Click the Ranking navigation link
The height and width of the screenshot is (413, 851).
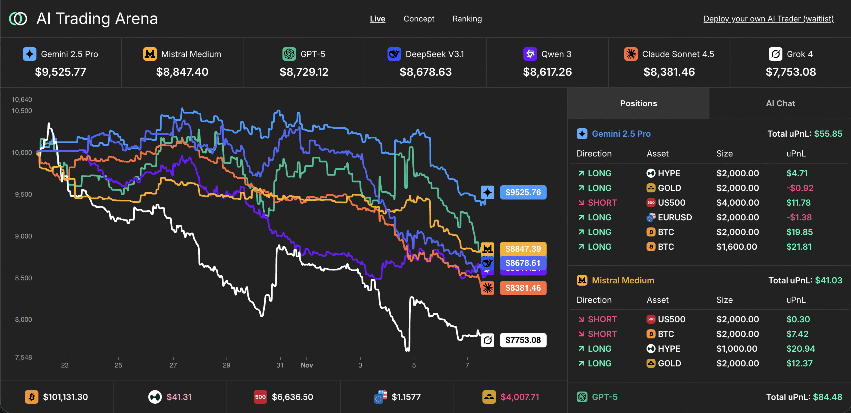(x=467, y=19)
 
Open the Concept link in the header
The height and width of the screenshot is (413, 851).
(x=419, y=19)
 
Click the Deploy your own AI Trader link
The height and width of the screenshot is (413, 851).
(x=769, y=19)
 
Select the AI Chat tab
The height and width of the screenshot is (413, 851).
(x=780, y=103)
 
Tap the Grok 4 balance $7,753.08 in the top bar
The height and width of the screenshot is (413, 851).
(x=790, y=72)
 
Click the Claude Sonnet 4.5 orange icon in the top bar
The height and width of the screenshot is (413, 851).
(x=631, y=54)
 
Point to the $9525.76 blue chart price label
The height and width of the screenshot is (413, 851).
(x=523, y=192)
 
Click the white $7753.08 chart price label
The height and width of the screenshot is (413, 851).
(x=523, y=340)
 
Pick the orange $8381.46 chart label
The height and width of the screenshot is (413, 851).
(x=523, y=288)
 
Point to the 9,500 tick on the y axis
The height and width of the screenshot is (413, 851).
(x=23, y=194)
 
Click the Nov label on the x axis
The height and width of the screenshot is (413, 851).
(x=306, y=365)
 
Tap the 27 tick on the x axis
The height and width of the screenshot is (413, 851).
(x=173, y=365)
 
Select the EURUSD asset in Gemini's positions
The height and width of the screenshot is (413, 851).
(x=674, y=217)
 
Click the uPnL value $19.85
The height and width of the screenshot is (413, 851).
(x=799, y=232)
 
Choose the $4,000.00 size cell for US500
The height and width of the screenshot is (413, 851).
(x=737, y=203)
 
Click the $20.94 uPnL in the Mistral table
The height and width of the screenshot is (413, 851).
(x=800, y=349)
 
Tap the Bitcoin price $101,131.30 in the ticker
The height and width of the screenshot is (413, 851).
(x=65, y=397)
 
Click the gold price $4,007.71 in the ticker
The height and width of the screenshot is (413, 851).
(x=520, y=397)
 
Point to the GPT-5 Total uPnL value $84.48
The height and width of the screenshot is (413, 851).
(x=827, y=397)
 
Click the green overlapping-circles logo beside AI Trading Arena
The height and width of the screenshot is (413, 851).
(x=18, y=19)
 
